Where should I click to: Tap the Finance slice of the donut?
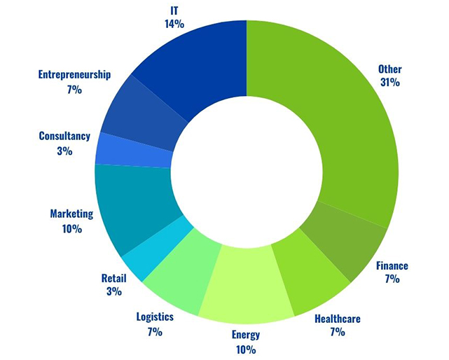click(x=350, y=245)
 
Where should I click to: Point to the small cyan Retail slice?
click(x=147, y=252)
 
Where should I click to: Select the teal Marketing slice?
click(x=130, y=207)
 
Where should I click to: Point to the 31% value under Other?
click(x=389, y=83)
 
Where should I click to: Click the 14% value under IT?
click(x=174, y=24)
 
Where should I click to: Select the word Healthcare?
click(x=338, y=319)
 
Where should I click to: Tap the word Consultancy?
click(x=64, y=136)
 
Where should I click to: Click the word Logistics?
click(x=155, y=317)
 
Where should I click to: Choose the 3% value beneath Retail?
click(x=113, y=291)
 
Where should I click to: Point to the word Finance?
click(x=392, y=266)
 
